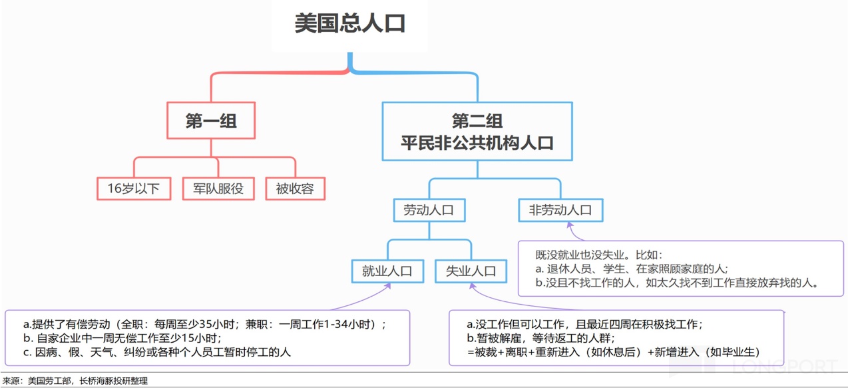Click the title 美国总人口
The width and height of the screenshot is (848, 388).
[350, 23]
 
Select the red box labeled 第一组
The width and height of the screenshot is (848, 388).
[211, 121]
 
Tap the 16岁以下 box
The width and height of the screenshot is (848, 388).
[134, 189]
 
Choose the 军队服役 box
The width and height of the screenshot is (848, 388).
[218, 189]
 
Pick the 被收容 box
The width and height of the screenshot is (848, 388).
[295, 189]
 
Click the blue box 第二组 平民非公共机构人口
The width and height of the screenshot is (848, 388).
[477, 131]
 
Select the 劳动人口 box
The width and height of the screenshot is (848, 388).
[429, 210]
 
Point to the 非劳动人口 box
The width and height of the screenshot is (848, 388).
[560, 210]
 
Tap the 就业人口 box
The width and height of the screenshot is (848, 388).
[387, 271]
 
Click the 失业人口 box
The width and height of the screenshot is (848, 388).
[471, 271]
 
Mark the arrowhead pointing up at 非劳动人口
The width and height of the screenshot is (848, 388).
[571, 226]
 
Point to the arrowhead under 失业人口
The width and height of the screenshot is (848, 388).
[472, 287]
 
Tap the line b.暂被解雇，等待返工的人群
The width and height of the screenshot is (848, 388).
[540, 338]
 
